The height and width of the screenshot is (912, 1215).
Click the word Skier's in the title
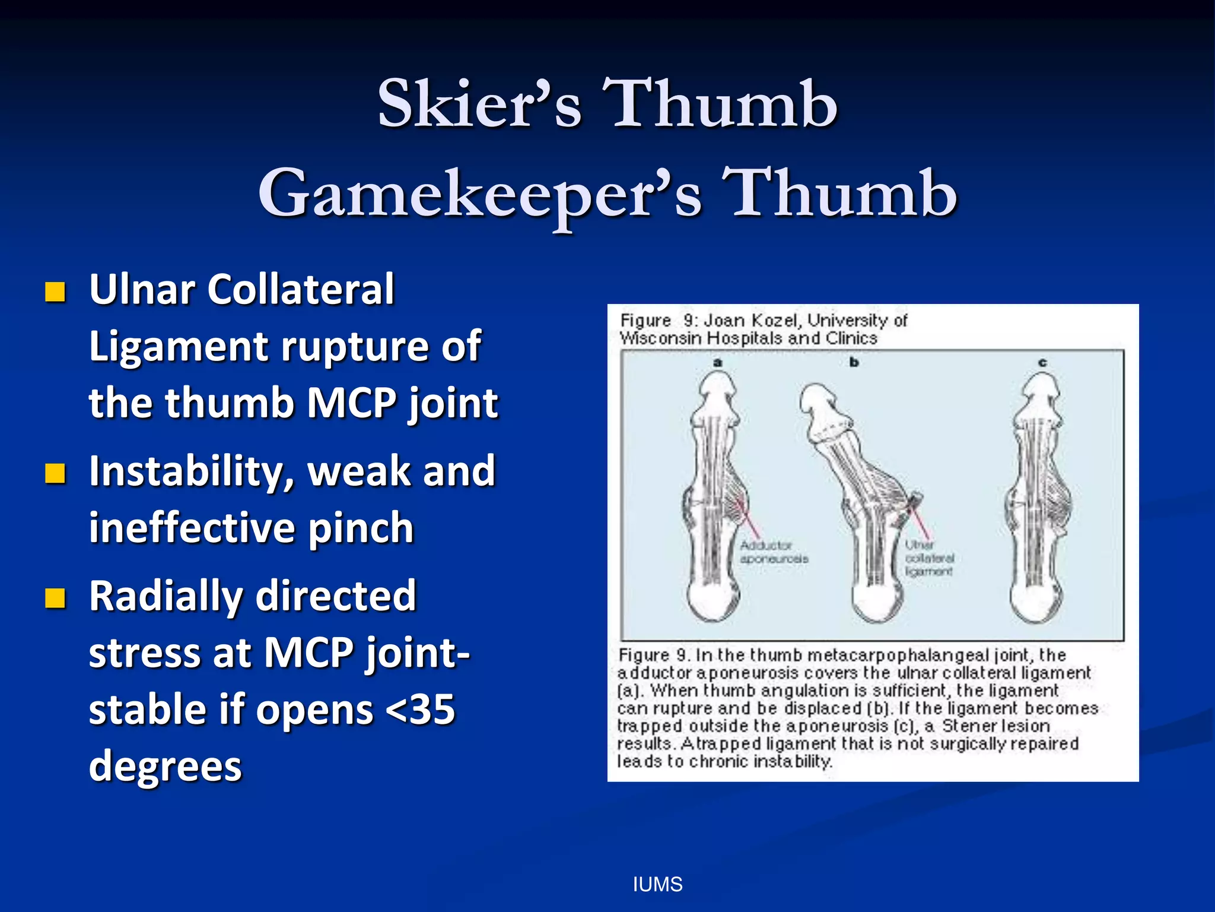(x=479, y=104)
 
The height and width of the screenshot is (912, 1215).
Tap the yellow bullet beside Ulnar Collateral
(x=55, y=292)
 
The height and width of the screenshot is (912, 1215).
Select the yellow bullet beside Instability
(x=55, y=473)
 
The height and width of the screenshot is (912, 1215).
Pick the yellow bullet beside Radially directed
(x=55, y=598)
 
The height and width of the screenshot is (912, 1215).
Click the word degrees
(x=166, y=766)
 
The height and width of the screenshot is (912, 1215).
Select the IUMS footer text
(x=657, y=885)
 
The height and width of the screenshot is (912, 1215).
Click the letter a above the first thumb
(x=718, y=362)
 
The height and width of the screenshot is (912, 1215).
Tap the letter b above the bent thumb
(x=854, y=362)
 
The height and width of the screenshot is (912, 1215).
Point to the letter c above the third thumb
(x=1042, y=362)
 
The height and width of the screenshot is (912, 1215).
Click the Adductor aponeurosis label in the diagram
(x=773, y=552)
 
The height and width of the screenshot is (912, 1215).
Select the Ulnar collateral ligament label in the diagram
(x=929, y=558)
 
